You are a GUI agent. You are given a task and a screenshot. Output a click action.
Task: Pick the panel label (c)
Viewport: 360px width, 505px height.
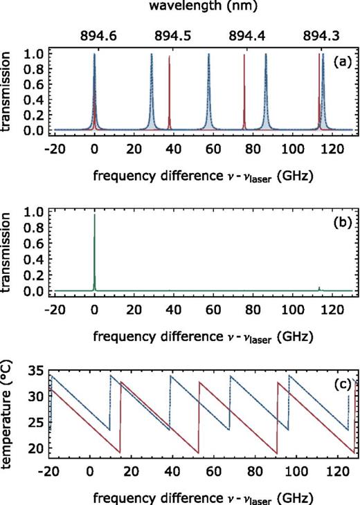[341, 384]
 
